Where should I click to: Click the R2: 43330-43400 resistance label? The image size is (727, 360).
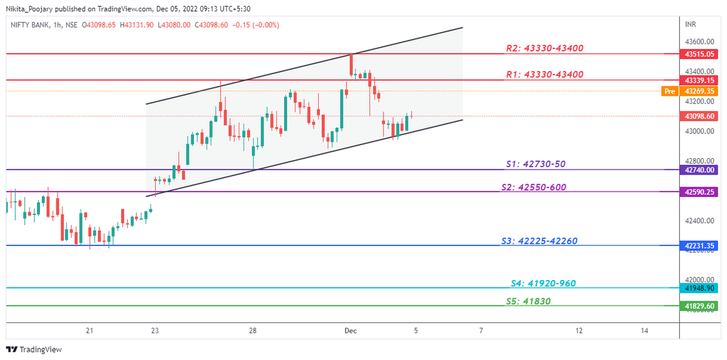pyautogui.click(x=544, y=48)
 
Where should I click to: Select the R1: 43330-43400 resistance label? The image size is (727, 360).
pyautogui.click(x=544, y=75)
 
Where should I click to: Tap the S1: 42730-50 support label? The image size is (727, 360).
pyautogui.click(x=536, y=164)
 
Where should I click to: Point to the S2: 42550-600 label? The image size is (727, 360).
pyautogui.click(x=534, y=187)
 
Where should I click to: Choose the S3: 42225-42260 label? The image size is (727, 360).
pyautogui.click(x=539, y=241)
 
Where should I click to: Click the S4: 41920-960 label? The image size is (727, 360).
pyautogui.click(x=543, y=283)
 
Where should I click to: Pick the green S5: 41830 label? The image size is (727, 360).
pyautogui.click(x=528, y=301)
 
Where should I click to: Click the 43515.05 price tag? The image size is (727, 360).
pyautogui.click(x=700, y=54)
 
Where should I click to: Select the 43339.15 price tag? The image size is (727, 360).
pyautogui.click(x=700, y=80)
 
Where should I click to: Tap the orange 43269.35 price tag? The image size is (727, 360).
pyautogui.click(x=700, y=91)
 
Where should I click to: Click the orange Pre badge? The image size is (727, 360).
pyautogui.click(x=669, y=91)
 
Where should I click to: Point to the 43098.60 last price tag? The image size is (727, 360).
pyautogui.click(x=700, y=116)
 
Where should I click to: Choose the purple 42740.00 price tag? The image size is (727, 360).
pyautogui.click(x=700, y=170)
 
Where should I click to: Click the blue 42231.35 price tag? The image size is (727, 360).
pyautogui.click(x=700, y=245)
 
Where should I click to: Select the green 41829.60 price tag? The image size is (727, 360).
pyautogui.click(x=700, y=306)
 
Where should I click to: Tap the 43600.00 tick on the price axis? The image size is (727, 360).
pyautogui.click(x=700, y=42)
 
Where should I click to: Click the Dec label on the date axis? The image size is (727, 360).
pyautogui.click(x=350, y=330)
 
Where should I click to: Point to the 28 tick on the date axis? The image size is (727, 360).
pyautogui.click(x=253, y=330)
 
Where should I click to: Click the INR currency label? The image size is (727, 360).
pyautogui.click(x=690, y=24)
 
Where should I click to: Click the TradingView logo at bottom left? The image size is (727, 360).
pyautogui.click(x=34, y=350)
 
